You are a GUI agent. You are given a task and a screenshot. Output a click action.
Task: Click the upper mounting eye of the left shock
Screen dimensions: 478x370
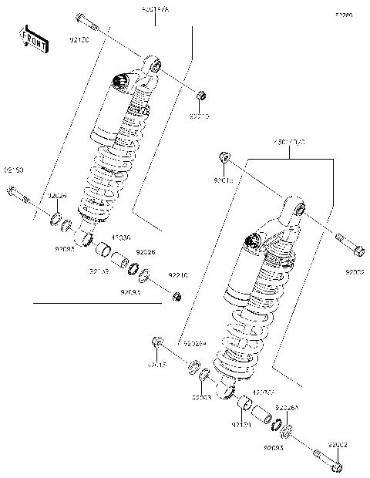coord(153,66)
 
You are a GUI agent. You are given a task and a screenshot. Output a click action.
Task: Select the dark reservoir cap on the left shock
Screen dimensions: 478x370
coord(119,80)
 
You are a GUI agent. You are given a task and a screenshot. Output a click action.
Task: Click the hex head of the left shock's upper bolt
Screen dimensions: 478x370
coord(79,17)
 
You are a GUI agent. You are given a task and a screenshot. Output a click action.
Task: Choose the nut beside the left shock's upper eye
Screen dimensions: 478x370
coord(200,95)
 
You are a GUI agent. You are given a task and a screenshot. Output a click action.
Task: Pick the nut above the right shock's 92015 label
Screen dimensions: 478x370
coord(223,157)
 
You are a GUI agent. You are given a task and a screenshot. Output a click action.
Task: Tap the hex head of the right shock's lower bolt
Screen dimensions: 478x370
coord(337,466)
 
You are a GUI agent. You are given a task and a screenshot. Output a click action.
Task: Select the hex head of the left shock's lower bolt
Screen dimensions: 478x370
coord(11,191)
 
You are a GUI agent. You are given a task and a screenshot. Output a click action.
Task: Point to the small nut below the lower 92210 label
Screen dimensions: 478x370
coord(177,297)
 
